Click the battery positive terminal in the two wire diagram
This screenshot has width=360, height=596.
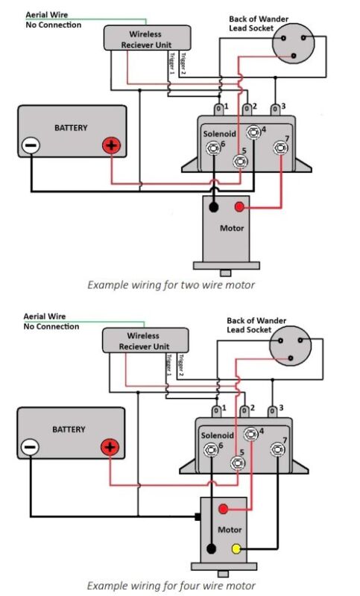coord(111,145)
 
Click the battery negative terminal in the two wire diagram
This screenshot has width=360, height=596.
coord(31,145)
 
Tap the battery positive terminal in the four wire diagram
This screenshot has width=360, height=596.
coord(110,447)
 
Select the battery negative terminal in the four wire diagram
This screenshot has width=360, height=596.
coord(29,447)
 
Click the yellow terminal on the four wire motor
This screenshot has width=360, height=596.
coord(236,548)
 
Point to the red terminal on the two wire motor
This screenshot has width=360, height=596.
coord(239,207)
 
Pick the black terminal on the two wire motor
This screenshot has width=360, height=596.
coord(214,207)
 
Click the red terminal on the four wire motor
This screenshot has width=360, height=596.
coord(223,509)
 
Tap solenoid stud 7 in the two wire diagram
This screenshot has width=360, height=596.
coord(280,148)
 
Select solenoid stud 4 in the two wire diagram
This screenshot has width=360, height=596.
coord(253,133)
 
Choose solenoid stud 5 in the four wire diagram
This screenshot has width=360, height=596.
coord(238,463)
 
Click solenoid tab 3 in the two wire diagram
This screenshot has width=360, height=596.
coord(275,110)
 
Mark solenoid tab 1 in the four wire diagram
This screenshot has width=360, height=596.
coord(216,411)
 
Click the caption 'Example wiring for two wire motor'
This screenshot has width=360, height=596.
coord(171,285)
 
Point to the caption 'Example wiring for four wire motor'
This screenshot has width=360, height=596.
coord(171,586)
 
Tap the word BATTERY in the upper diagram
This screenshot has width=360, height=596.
coord(71,127)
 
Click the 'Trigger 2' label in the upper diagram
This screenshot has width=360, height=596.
coord(183,63)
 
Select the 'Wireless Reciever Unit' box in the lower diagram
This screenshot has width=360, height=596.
coord(145,340)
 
